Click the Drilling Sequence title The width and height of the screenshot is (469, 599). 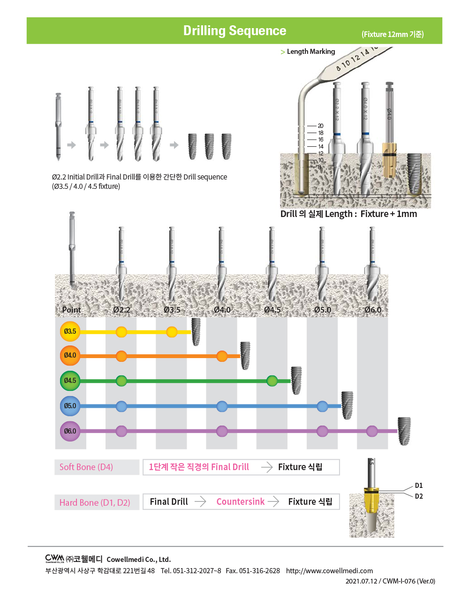(234, 31)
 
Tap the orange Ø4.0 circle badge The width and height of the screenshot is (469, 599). (70, 355)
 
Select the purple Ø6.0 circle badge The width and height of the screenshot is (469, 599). (70, 431)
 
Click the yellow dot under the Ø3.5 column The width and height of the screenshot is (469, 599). (172, 332)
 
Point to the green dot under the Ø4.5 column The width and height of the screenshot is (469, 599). (272, 381)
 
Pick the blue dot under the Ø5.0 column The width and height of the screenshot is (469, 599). (322, 406)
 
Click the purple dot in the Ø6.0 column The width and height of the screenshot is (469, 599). (372, 431)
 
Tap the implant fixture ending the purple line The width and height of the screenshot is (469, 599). (404, 431)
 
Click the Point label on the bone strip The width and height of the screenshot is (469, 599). (71, 310)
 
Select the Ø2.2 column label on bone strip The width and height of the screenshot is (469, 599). (121, 310)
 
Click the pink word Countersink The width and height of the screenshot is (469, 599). (240, 502)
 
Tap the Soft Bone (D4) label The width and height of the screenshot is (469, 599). (86, 467)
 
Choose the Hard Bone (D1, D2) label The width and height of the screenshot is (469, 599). (95, 502)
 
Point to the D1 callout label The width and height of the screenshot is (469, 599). (419, 486)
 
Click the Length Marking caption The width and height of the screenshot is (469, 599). (310, 52)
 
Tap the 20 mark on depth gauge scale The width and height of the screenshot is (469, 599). (321, 126)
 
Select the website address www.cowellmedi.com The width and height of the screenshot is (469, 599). (329, 570)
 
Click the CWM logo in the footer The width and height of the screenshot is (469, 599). (54, 558)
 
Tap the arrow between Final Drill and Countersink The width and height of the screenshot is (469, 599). (201, 502)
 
